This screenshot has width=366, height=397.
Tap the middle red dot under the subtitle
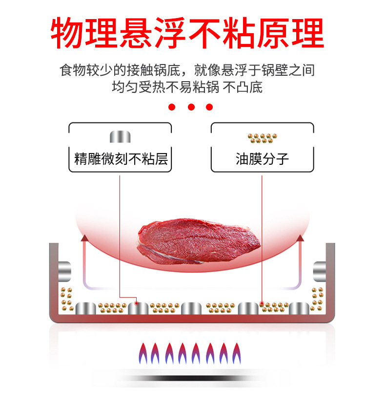click(x=191, y=107)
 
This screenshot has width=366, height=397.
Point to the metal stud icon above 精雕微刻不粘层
click(x=120, y=136)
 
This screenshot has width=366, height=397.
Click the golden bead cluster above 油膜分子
click(x=262, y=138)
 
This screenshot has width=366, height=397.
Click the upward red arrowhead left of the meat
click(x=85, y=239)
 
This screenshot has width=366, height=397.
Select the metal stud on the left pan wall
click(x=64, y=271)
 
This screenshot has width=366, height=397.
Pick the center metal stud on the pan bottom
click(x=191, y=309)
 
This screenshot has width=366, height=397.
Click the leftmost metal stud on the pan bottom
click(x=86, y=309)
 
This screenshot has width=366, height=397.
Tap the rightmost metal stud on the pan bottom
click(x=299, y=309)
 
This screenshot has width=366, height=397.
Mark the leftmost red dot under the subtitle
click(x=172, y=107)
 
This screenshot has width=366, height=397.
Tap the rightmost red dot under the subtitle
click(x=210, y=107)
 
